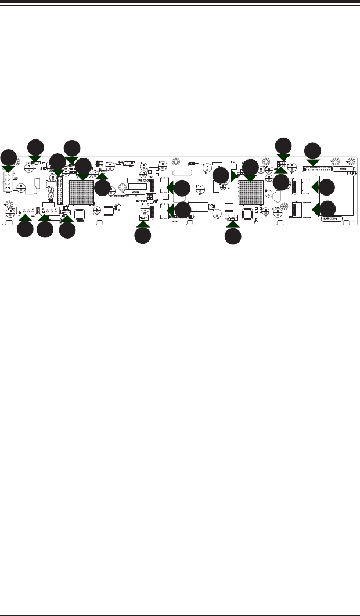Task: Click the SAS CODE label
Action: [x=136, y=181]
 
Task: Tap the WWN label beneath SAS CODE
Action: [x=135, y=192]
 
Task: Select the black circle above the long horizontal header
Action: [x=312, y=149]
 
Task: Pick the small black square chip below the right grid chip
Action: [x=248, y=214]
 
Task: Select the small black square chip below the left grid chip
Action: [x=80, y=214]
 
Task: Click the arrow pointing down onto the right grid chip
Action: [x=250, y=176]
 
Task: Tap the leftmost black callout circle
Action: [x=8, y=157]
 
